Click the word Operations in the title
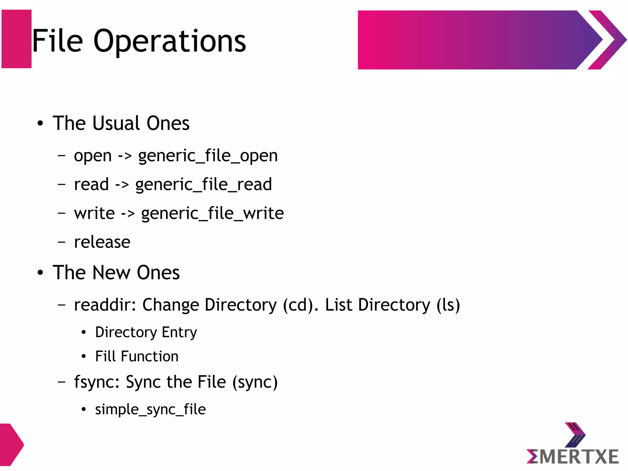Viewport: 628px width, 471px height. point(170,41)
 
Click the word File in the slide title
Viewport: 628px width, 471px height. point(58,41)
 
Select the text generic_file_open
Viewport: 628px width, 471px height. point(208,156)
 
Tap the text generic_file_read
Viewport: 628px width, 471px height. point(204,185)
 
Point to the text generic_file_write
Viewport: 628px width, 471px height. point(213,214)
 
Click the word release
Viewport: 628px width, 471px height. point(102,242)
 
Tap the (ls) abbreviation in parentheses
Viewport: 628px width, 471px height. point(448,305)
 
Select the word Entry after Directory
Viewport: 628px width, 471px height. point(179,332)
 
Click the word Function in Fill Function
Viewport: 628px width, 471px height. point(150,357)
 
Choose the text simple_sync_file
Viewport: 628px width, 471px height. point(150,410)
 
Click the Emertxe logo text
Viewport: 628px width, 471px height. point(573,457)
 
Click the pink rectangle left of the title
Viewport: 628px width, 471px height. point(17,39)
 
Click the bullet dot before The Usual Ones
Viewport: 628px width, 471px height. point(40,124)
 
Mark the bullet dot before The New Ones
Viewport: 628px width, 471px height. point(40,273)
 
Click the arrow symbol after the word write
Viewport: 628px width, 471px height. point(128,214)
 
